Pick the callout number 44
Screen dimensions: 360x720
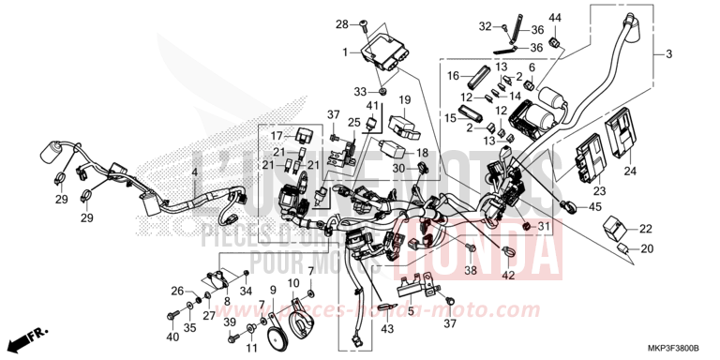point(554,18)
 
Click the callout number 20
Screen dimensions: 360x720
point(645,249)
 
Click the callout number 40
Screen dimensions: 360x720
point(172,337)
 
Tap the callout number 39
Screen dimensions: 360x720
point(229,322)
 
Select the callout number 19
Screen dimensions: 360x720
point(406,99)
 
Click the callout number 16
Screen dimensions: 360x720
point(452,75)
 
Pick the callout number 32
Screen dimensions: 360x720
point(485,25)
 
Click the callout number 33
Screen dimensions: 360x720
point(361,91)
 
